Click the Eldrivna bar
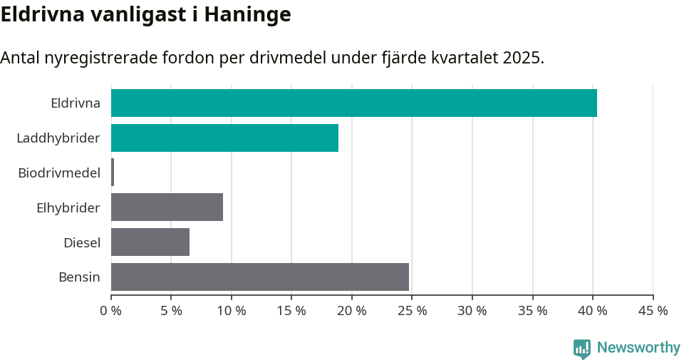353,103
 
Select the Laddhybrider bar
224,138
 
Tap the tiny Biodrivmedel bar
113,173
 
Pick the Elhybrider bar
167,207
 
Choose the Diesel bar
150,242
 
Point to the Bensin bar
260,277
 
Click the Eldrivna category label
75,103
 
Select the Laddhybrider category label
58,138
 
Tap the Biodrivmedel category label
59,173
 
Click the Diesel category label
82,243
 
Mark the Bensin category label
79,277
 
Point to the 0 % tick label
111,311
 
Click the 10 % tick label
232,311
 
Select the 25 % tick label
412,311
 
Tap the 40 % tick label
593,311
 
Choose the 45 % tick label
653,311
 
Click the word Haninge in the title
247,14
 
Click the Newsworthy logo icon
582,348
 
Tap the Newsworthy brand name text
638,348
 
